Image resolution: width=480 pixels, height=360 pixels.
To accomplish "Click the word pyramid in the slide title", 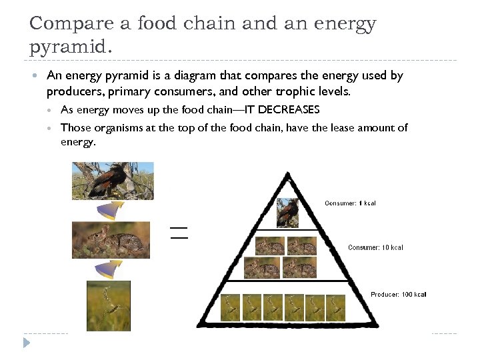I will [x=65, y=48].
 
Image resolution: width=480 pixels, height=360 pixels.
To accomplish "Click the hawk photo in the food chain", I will [x=113, y=181].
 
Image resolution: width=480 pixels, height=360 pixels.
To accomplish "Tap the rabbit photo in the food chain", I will [x=113, y=240].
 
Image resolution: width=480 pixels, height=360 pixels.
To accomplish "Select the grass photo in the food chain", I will [x=109, y=305].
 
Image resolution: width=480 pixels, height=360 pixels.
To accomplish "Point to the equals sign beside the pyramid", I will [x=179, y=233].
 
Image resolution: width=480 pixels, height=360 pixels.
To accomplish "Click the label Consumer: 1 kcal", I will [x=350, y=203].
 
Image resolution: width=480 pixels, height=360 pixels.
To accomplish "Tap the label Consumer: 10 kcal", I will [x=375, y=247].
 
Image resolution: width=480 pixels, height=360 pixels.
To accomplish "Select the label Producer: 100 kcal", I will [x=398, y=294].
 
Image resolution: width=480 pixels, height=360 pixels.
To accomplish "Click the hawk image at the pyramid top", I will [x=288, y=213].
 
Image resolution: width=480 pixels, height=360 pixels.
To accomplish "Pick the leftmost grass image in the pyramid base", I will [x=231, y=308].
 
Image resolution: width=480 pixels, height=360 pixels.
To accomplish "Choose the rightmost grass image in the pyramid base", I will [x=335, y=308].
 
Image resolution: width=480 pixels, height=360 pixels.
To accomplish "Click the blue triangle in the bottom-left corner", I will [x=26, y=343].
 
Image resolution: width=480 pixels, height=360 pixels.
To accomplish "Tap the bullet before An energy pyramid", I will [x=35, y=76].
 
